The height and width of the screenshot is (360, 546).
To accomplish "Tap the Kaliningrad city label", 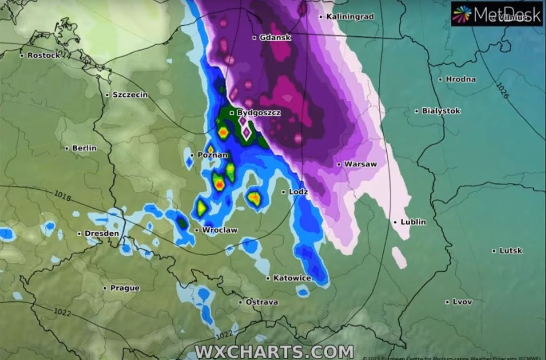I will (x=350, y=17).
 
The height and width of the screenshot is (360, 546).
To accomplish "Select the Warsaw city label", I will (x=360, y=164).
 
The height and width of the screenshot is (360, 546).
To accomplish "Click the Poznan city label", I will (x=212, y=155).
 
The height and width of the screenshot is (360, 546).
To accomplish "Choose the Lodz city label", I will (x=298, y=192).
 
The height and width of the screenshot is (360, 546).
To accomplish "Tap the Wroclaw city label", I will (x=220, y=230).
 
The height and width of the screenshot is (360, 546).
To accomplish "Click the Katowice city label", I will (x=292, y=278).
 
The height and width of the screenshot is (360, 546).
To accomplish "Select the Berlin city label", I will (x=84, y=148).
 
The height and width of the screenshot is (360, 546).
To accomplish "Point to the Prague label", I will (x=125, y=288).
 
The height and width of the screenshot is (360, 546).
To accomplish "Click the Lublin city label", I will (x=413, y=222).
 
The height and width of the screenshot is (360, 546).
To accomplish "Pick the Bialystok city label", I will (x=441, y=111).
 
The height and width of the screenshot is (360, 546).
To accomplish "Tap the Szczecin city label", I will (x=130, y=95).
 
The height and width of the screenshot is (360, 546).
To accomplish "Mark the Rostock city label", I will (x=43, y=55).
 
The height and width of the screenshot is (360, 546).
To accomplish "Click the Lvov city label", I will (x=462, y=302).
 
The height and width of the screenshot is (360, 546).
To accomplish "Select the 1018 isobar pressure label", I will (x=62, y=196).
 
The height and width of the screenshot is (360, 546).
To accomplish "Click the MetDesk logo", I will (x=497, y=14).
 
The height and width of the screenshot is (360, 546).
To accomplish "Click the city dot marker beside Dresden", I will (x=79, y=234).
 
